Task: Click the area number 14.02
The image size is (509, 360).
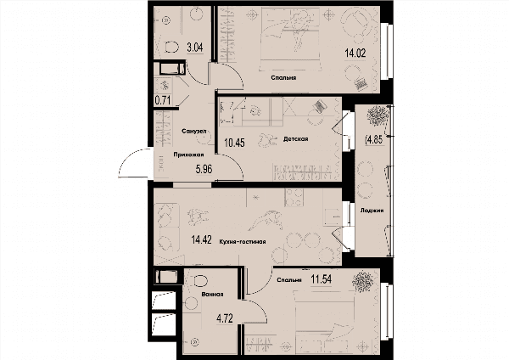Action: [355, 53]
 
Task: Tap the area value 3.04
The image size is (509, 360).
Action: [195, 48]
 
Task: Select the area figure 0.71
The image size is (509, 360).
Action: [163, 99]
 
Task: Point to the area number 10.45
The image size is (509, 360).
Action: [234, 143]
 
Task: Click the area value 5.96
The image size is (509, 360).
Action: [204, 169]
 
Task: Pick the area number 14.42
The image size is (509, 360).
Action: [201, 240]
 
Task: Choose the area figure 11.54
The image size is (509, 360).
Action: [322, 278]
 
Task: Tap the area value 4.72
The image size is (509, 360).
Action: [225, 318]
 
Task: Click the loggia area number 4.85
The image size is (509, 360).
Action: [375, 140]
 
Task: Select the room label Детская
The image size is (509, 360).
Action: [296, 139]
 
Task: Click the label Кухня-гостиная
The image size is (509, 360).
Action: [243, 242]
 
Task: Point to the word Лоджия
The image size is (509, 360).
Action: [372, 211]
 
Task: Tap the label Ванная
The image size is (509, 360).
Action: [212, 295]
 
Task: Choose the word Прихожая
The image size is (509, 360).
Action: [188, 155]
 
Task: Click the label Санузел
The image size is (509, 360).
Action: [194, 132]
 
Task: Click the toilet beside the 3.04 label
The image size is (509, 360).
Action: [171, 48]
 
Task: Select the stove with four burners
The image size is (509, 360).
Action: [294, 197]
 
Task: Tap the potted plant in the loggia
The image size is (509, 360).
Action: [378, 115]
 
